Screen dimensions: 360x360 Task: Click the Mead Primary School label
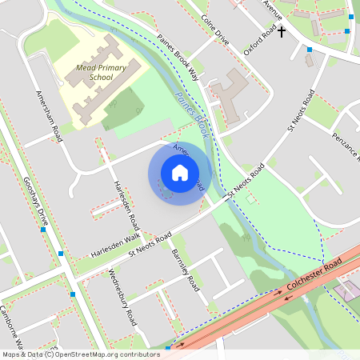(x=101, y=74)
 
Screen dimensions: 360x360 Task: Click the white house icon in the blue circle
(x=180, y=173)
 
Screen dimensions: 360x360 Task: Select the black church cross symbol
(x=282, y=32)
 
